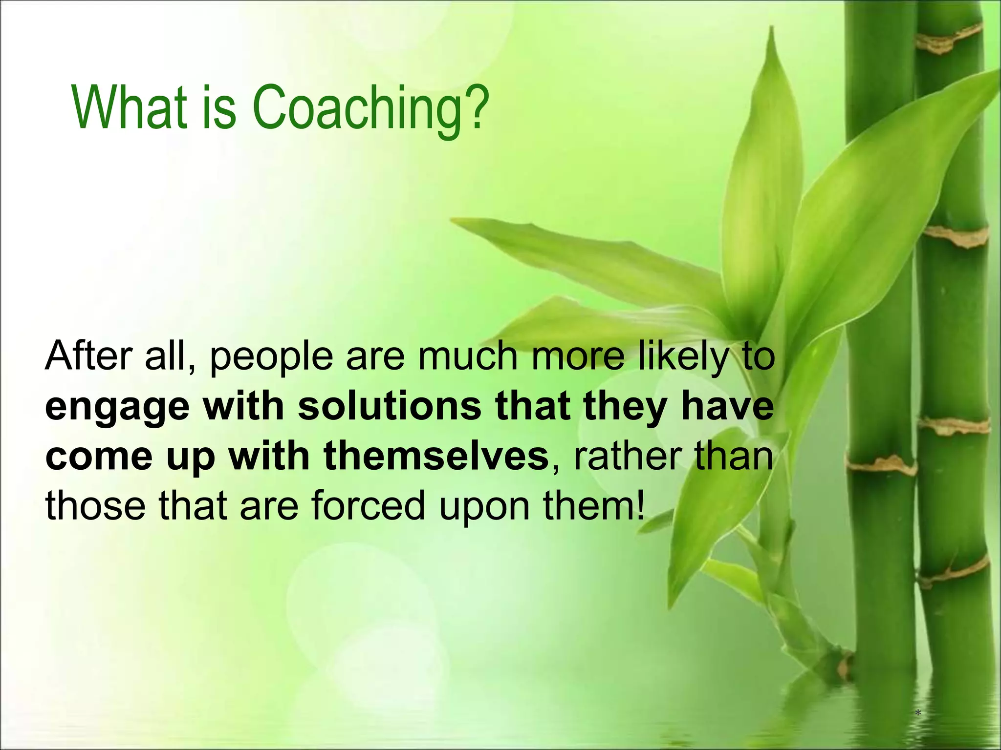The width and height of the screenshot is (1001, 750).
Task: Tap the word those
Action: [x=95, y=505]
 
